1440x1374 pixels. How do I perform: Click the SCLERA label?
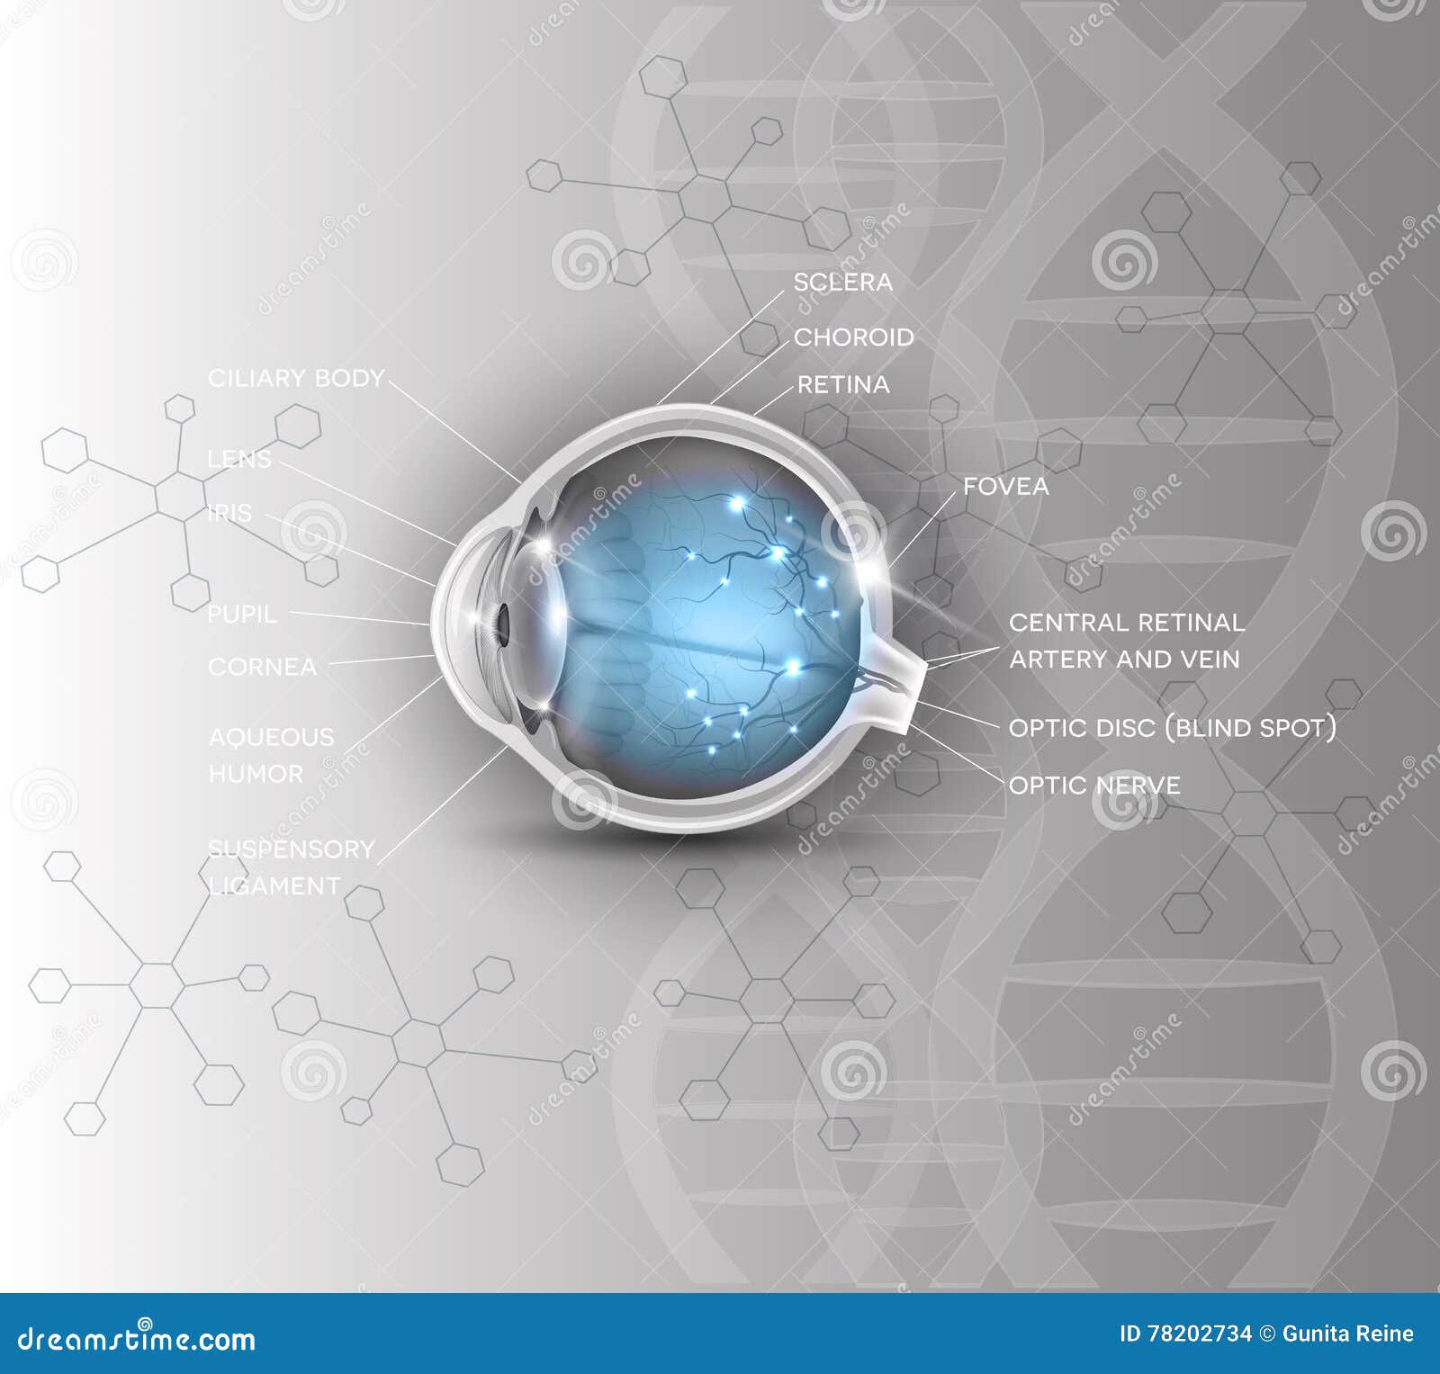[842, 283]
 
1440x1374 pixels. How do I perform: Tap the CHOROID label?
[853, 337]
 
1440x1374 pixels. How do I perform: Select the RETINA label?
[843, 385]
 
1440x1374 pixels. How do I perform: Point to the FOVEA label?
[1006, 487]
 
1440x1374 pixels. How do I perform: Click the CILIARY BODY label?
[296, 378]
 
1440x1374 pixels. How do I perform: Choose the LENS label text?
[239, 459]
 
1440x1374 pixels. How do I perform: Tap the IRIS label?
[229, 513]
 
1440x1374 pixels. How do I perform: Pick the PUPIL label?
[242, 615]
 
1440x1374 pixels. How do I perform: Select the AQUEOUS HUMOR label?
[270, 755]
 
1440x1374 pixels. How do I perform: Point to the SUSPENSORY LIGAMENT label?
[291, 867]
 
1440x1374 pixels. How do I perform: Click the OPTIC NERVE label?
[1093, 786]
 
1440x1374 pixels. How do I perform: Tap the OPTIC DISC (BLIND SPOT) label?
[1172, 727]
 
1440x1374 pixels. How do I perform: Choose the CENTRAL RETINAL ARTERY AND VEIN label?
[1126, 641]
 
